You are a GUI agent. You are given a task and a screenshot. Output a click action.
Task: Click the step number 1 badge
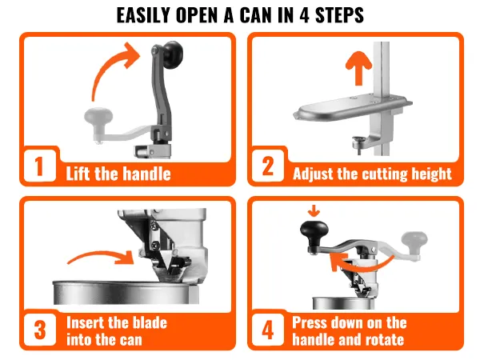(39, 166)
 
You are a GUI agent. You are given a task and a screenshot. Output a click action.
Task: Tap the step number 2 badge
(268, 166)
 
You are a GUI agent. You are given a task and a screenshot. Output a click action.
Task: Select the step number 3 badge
(40, 330)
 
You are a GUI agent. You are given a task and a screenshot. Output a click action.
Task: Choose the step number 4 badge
(268, 330)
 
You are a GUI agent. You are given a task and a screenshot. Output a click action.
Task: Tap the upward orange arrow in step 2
(358, 68)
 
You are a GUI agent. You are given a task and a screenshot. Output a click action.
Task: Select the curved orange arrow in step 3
(101, 256)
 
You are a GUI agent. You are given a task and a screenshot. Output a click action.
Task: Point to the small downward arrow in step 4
(314, 211)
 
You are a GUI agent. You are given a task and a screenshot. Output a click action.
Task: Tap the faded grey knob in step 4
(414, 239)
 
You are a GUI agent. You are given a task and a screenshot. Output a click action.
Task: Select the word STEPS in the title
(339, 14)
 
